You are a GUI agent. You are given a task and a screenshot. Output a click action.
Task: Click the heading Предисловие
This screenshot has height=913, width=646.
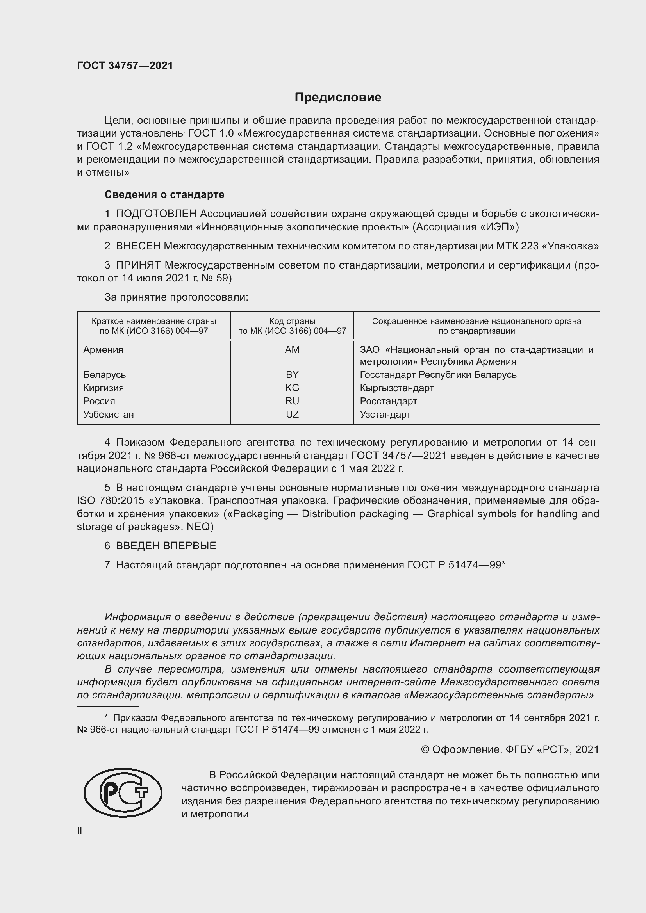[x=338, y=98]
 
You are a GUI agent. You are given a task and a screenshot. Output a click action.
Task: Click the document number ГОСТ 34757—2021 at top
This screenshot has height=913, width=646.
[x=125, y=66]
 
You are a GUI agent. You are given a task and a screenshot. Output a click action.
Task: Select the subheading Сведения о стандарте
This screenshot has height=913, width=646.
[x=164, y=194]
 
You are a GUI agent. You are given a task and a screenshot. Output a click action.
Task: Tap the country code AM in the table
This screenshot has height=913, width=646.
[x=292, y=349]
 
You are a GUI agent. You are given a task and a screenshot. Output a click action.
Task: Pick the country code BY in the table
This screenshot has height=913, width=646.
[x=292, y=375]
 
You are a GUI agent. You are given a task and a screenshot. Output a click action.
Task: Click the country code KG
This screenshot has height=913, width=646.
[x=292, y=388]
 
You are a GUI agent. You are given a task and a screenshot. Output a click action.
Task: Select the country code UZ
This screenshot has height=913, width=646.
[x=292, y=415]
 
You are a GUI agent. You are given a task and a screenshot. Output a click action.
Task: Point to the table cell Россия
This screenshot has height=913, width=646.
[x=99, y=401]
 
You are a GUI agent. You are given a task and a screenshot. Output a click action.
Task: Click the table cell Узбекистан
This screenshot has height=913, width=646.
[x=108, y=415]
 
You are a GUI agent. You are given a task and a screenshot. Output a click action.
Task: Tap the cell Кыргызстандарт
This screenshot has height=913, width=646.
[x=396, y=388]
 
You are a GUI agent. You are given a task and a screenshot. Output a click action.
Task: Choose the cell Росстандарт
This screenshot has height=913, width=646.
[x=388, y=401]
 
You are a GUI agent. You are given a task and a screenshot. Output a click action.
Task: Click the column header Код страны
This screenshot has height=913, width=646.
[x=292, y=321]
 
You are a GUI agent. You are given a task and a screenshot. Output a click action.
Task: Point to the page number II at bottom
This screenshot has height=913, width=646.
[x=80, y=831]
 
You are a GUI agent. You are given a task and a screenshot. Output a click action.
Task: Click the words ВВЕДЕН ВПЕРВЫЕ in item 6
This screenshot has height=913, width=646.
[x=166, y=546]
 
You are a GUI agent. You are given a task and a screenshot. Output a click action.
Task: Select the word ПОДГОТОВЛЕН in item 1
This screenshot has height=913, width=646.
[x=156, y=214]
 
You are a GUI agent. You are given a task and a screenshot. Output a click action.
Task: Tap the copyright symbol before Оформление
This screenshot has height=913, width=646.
[x=425, y=749]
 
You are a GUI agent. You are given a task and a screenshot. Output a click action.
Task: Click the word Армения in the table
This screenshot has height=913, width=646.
[x=103, y=349]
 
